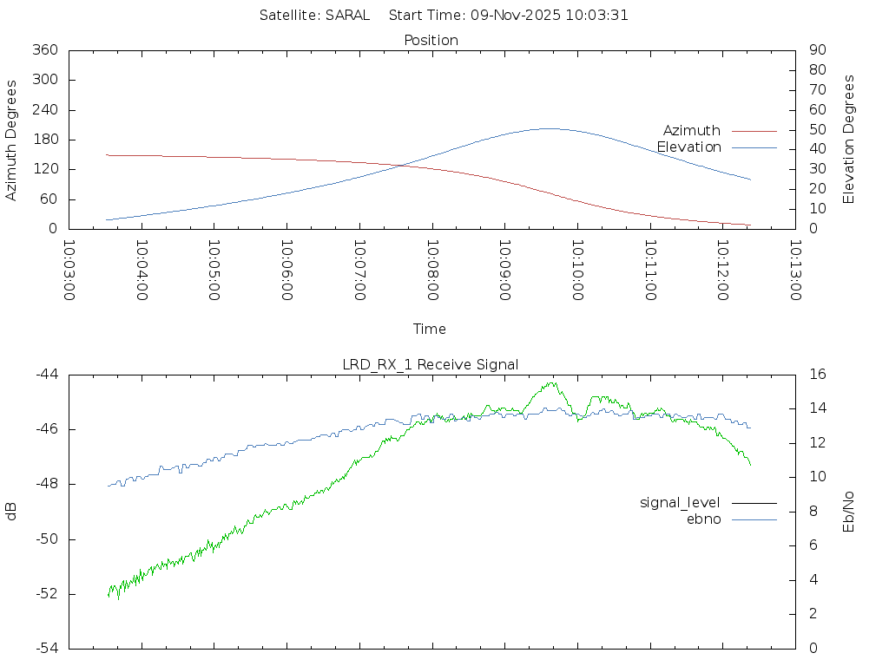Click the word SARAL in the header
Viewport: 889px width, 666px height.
(x=347, y=15)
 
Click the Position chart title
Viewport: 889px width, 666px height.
(x=431, y=40)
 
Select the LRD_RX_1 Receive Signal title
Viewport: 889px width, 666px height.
(x=431, y=364)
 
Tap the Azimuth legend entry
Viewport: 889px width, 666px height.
(x=692, y=130)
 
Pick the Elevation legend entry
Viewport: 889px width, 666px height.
(x=688, y=147)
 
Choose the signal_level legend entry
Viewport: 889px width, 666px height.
(x=680, y=502)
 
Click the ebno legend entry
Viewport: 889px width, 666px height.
(x=703, y=519)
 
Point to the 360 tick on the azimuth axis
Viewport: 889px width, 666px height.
(x=44, y=50)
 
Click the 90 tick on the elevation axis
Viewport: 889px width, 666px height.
(x=816, y=50)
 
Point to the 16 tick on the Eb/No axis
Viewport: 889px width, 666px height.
(x=817, y=375)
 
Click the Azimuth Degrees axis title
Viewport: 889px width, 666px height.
(x=12, y=140)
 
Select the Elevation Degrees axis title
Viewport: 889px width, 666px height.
(x=849, y=140)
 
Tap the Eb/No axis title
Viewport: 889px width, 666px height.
(x=849, y=512)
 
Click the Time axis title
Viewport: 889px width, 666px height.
(x=430, y=329)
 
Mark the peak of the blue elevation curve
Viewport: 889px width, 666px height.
(x=550, y=128)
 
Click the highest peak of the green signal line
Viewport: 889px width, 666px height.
(x=552, y=382)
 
